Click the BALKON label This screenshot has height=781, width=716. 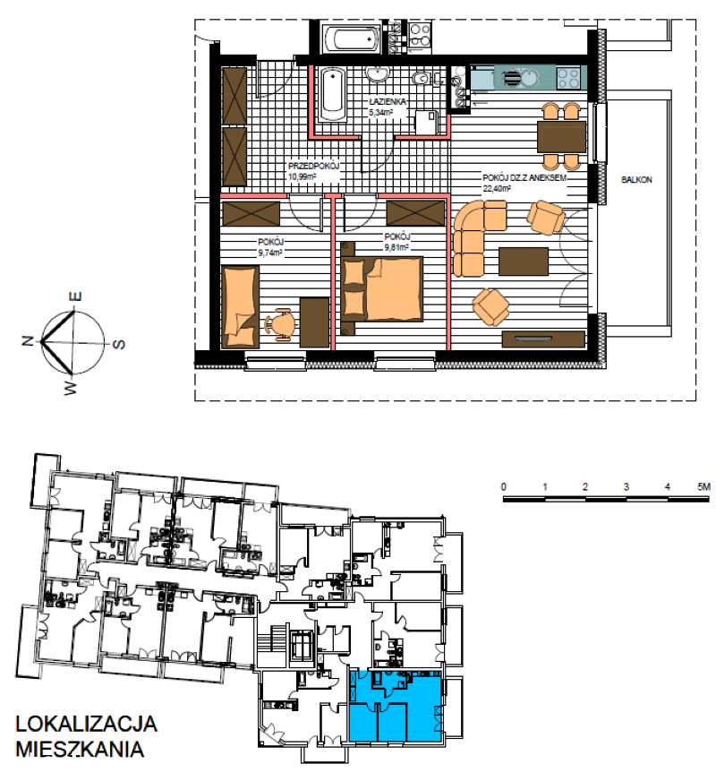[x=635, y=180]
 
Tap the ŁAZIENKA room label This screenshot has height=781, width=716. [x=388, y=101]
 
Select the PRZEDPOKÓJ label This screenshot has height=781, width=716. [x=313, y=167]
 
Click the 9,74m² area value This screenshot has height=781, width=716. [x=271, y=253]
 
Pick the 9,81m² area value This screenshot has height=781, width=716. [x=397, y=246]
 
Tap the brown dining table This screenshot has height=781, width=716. [x=561, y=137]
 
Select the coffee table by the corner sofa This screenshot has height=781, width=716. [x=524, y=261]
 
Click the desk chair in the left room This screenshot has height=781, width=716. [x=280, y=325]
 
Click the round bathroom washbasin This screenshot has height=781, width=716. [x=378, y=73]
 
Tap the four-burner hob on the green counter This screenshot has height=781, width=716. [x=568, y=78]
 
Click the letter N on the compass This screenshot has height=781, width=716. [x=29, y=341]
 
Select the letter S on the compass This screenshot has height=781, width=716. [x=118, y=344]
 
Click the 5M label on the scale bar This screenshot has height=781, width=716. [x=703, y=486]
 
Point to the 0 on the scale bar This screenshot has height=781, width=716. [x=504, y=486]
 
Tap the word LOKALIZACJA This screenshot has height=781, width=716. [x=86, y=725]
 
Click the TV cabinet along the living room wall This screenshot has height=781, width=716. [x=543, y=339]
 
